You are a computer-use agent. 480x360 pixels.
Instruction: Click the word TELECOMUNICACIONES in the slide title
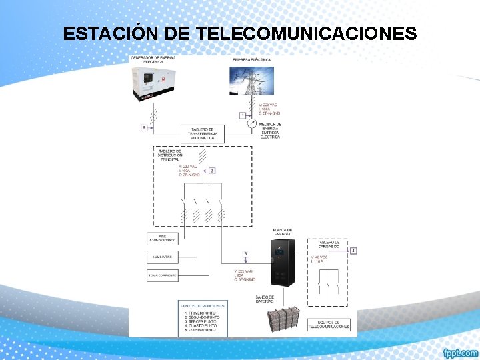307,33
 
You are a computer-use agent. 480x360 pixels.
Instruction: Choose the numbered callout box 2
212,171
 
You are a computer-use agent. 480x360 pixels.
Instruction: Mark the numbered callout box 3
245,254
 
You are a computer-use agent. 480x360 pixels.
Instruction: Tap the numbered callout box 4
354,251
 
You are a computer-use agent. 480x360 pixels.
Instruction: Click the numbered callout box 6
143,127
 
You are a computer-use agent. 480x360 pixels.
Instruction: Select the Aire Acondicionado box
163,238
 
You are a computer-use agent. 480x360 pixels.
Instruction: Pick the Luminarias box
163,256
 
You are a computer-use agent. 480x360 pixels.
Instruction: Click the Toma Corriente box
163,274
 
